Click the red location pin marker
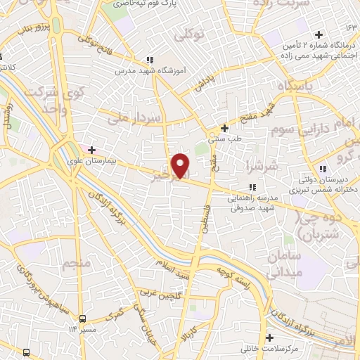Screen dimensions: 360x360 181,165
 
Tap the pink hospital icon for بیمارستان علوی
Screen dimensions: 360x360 91,150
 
